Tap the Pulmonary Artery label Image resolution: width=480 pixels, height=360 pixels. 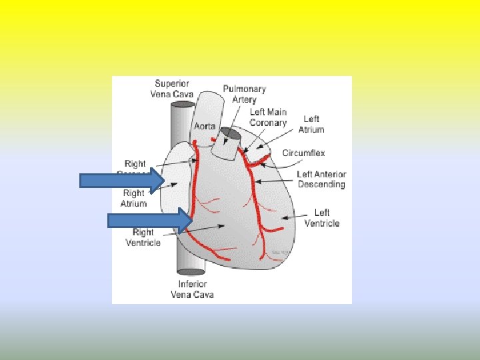(x=244, y=94)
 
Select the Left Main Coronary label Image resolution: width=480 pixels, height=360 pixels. (x=268, y=117)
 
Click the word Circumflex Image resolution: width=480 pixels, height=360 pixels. (x=303, y=153)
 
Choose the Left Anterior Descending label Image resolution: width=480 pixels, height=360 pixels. (x=321, y=179)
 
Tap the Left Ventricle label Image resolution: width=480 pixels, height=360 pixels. (x=322, y=218)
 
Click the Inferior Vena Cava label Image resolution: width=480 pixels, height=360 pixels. (x=192, y=289)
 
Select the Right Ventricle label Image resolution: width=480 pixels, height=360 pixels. (x=143, y=237)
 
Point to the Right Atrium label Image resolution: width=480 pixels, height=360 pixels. (x=134, y=198)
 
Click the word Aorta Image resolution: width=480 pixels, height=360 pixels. (x=205, y=126)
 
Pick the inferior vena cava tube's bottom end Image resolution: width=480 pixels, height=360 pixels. (x=191, y=271)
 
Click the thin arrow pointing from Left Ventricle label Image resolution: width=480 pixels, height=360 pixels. (x=291, y=216)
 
